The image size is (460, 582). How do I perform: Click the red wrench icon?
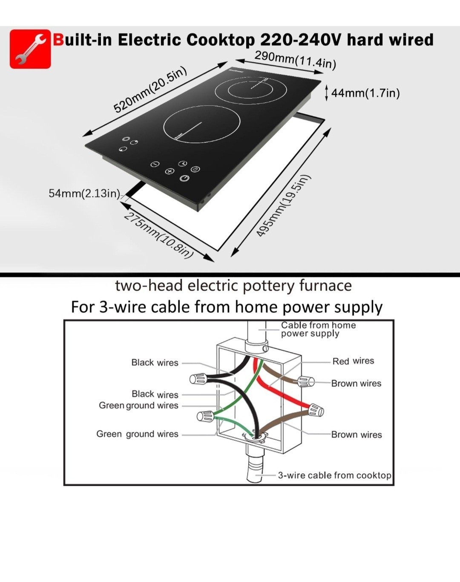click(x=30, y=49)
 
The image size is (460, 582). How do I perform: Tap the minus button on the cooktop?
click(x=155, y=164)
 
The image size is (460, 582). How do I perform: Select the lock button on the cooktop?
click(x=195, y=169)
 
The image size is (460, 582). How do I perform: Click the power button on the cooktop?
click(x=184, y=178)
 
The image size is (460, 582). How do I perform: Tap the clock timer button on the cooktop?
click(x=183, y=163)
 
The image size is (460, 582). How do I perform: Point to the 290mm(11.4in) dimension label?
click(x=296, y=60)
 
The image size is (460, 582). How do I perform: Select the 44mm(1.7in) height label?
click(x=365, y=93)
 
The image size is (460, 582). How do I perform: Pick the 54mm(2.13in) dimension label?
click(x=84, y=194)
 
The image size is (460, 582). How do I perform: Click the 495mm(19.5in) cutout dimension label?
click(x=282, y=206)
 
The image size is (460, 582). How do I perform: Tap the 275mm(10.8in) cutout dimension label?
click(x=158, y=235)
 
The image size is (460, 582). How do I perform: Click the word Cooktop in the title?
click(x=221, y=40)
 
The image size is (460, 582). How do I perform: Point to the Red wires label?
click(x=353, y=361)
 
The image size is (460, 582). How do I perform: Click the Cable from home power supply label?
click(x=318, y=329)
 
